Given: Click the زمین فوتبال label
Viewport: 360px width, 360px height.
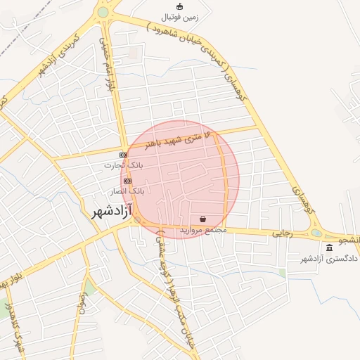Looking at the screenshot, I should point(180,16).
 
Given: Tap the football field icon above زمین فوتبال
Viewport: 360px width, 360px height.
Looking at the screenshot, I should point(180,7).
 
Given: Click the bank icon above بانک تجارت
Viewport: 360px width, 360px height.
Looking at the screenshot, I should point(123,155).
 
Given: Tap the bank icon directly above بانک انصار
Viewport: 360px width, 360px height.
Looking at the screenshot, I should point(127,181).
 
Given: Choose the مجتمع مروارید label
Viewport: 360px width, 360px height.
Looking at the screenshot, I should point(203,229).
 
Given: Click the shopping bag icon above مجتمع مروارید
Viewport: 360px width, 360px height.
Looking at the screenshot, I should point(203,219).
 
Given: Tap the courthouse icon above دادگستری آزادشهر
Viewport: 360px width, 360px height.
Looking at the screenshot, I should point(330,248).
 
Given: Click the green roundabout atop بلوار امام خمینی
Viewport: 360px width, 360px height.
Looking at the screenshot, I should point(103,12).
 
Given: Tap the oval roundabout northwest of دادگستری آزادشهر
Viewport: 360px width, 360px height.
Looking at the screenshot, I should point(317,233).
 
